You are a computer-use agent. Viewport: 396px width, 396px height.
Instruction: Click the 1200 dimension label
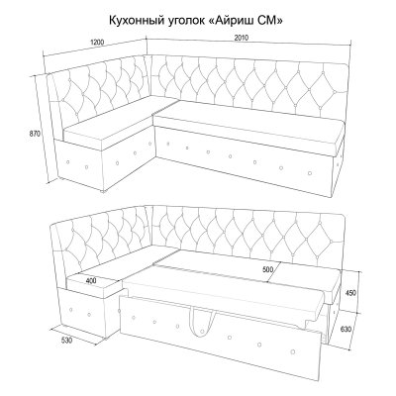tap(97, 43)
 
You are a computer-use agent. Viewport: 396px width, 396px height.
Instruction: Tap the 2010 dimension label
tap(242, 38)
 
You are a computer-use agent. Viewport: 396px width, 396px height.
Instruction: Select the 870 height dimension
tap(35, 134)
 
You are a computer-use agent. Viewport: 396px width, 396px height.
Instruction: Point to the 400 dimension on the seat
tap(91, 281)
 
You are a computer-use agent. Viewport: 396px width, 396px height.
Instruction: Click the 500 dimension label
tap(268, 269)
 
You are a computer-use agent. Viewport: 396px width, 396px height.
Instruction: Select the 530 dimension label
tap(66, 340)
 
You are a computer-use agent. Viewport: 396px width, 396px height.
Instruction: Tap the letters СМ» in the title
tap(270, 21)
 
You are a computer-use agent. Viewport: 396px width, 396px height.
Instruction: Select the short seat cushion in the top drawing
tap(109, 127)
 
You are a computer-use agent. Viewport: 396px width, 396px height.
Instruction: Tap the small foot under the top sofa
tap(104, 190)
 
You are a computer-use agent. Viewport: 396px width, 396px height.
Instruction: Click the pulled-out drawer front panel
tap(220, 338)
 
